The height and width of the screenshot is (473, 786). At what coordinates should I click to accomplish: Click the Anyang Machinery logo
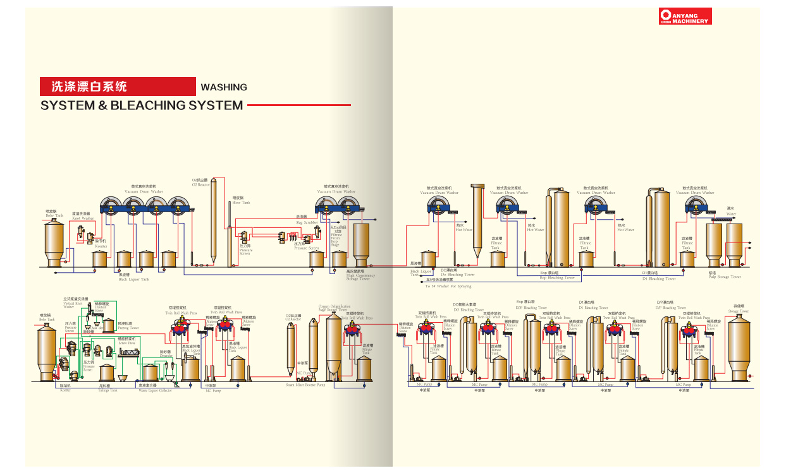tap(685, 16)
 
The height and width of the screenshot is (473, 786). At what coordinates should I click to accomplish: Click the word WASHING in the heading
tap(223, 87)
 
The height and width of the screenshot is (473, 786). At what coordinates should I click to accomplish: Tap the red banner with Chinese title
tap(118, 87)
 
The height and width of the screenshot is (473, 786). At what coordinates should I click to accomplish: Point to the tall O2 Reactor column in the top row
tap(214, 221)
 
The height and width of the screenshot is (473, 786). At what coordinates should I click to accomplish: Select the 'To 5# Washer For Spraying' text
tap(448, 285)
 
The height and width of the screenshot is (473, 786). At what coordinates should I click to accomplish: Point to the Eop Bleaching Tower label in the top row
tap(556, 277)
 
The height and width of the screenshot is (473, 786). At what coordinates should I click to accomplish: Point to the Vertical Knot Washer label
tap(73, 303)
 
